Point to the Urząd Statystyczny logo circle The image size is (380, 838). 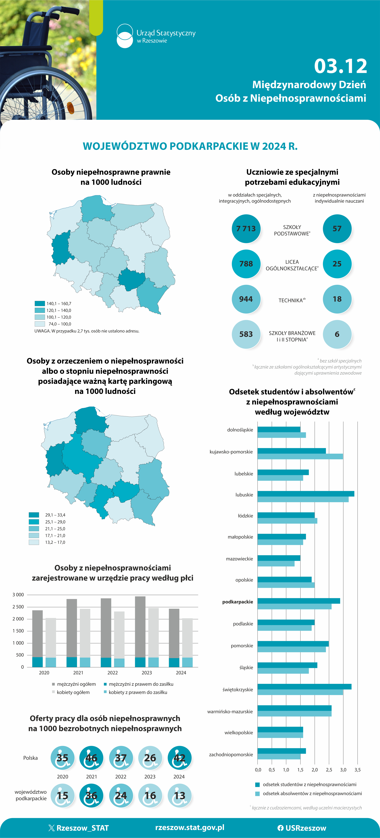[x=125, y=36]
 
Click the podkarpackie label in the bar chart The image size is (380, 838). [x=237, y=602]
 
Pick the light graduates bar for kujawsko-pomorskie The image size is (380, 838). [x=300, y=456]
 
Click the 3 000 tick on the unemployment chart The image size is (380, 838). [x=18, y=595]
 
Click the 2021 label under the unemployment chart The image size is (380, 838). [x=78, y=672]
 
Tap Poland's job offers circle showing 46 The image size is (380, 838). [x=91, y=758]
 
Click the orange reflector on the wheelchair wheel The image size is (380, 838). [x=71, y=106]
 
